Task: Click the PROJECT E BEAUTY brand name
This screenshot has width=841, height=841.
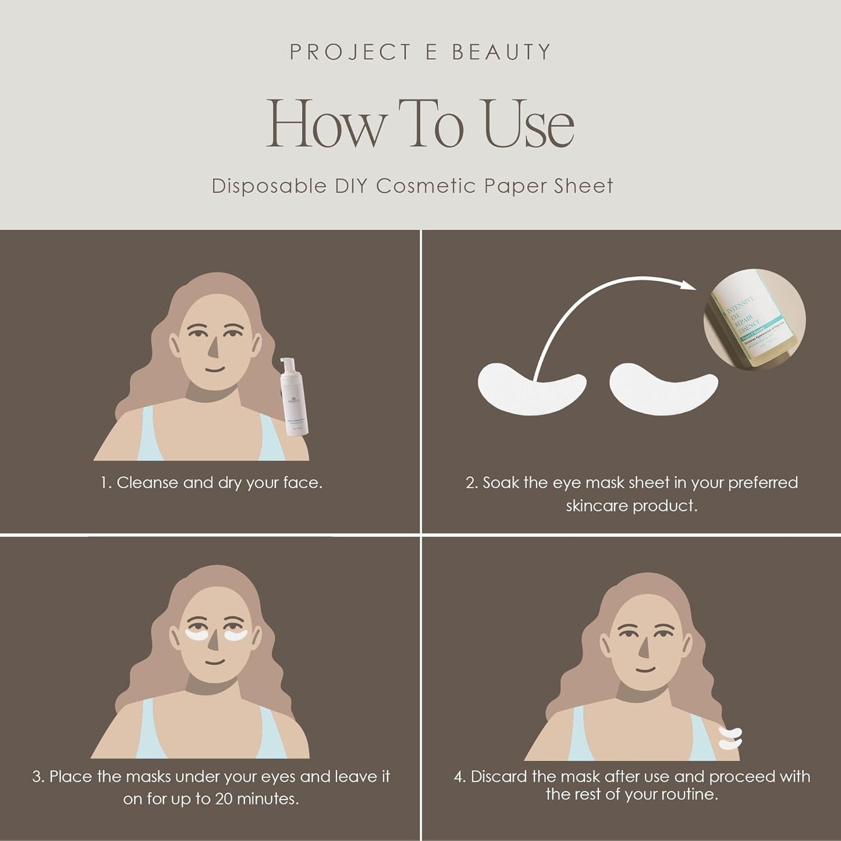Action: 420,52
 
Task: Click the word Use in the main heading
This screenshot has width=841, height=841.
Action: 529,124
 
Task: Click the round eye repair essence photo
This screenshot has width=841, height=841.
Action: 754,319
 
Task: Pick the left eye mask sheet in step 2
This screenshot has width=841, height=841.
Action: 531,385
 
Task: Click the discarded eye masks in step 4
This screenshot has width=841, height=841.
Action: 730,737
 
